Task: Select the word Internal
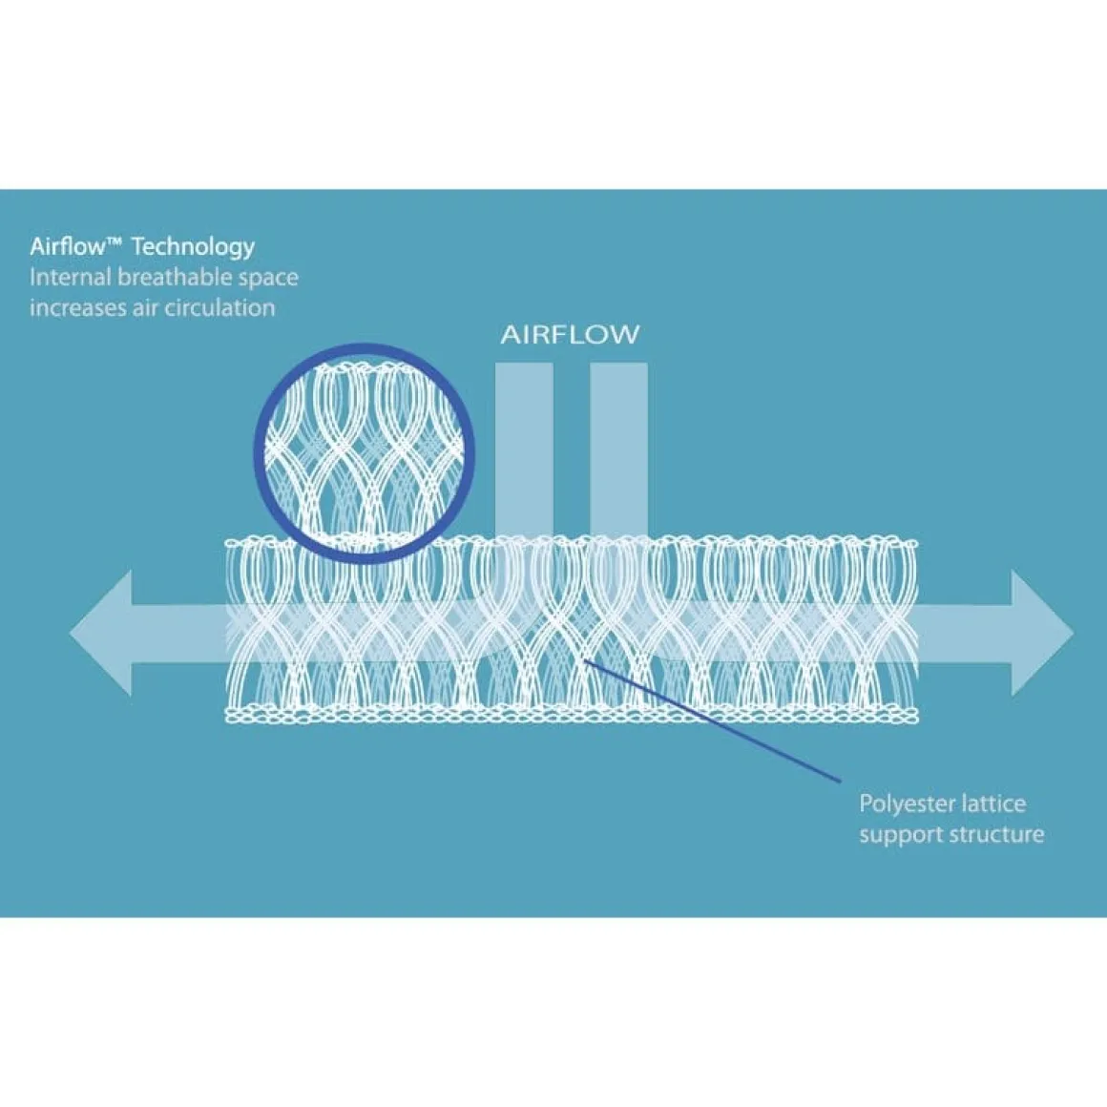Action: [x=71, y=277]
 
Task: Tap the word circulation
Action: [x=218, y=308]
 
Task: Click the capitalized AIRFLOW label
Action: [x=570, y=335]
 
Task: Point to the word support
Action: [x=901, y=836]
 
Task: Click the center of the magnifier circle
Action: [x=365, y=453]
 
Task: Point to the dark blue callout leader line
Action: [x=712, y=721]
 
